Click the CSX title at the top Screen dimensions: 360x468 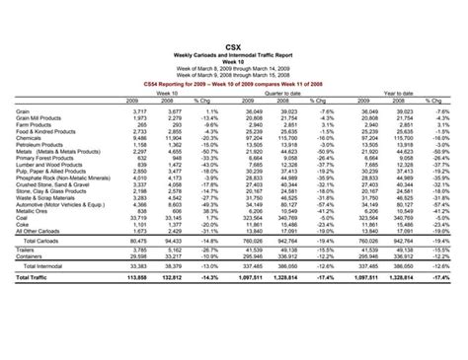pos(233,46)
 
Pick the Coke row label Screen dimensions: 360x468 pos(22,224)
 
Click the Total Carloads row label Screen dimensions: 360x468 pos(41,240)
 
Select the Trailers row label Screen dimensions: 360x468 pos(26,251)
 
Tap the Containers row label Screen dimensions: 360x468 pos(30,256)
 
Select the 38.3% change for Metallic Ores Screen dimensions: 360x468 pos(204,210)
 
